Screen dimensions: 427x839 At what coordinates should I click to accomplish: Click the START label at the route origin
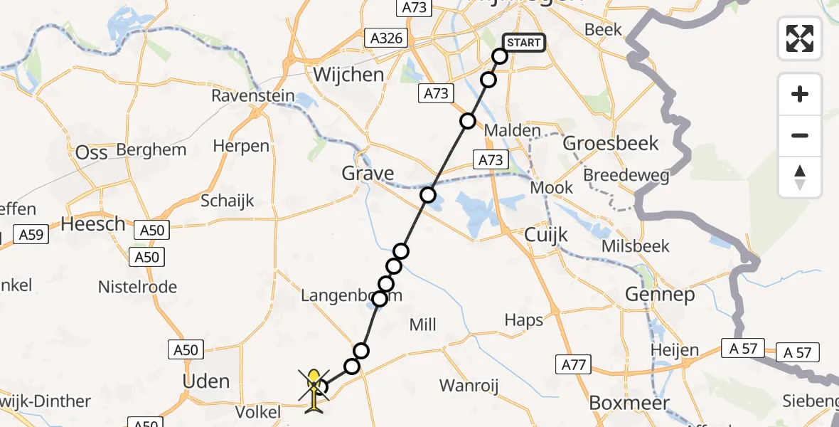coord(524,43)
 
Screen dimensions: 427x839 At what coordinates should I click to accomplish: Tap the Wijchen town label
coord(348,75)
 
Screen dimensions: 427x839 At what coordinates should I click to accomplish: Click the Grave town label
coord(368,173)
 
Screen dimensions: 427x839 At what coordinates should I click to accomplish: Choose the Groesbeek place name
coord(611,143)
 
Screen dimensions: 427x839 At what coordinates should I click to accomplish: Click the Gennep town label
coord(659,294)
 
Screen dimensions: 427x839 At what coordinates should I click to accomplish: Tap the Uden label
coord(206,381)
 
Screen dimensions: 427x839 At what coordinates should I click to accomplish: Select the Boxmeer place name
coord(629,403)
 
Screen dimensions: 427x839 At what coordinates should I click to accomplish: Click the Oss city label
coord(92,152)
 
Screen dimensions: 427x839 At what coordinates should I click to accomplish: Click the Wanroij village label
coord(469,386)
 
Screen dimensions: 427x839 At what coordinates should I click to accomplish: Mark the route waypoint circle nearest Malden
coord(467,121)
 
